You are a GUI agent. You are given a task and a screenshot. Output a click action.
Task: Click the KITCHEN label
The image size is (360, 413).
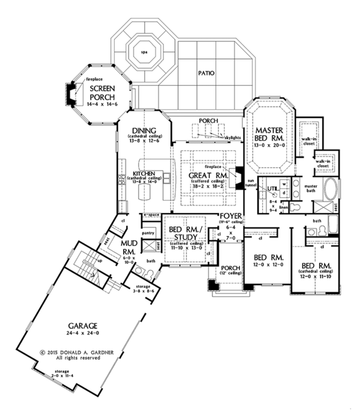click(145, 175)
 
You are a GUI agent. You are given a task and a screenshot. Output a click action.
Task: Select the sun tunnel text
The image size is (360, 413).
click(252, 183)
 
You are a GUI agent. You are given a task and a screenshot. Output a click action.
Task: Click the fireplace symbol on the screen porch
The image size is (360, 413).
click(71, 92)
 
